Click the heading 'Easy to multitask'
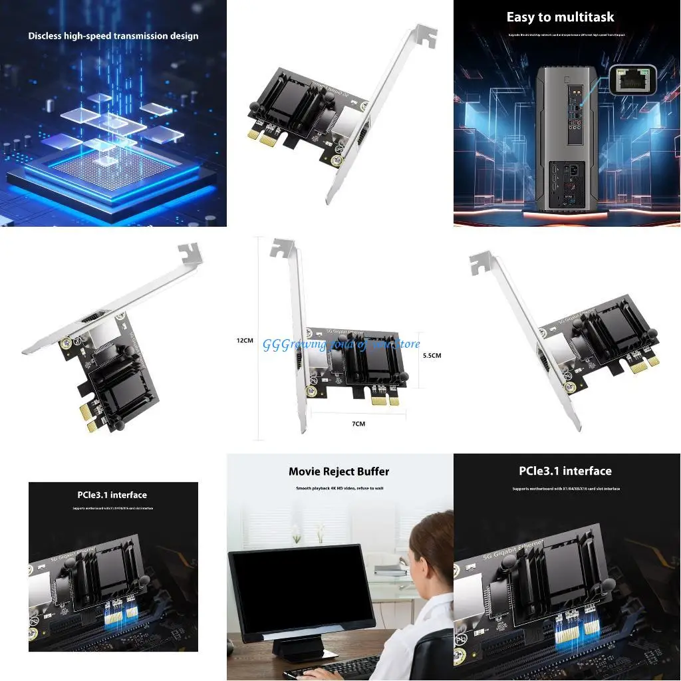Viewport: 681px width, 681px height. pos(560,17)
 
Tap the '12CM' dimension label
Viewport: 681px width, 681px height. pos(245,340)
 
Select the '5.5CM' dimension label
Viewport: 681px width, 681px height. pos(432,355)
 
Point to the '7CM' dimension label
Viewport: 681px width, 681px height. pos(358,423)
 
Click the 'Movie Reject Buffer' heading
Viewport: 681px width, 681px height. pos(339,472)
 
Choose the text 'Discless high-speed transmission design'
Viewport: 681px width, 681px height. pos(113,36)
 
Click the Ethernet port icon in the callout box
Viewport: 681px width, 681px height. pos(632,80)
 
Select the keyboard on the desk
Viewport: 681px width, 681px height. pos(333,668)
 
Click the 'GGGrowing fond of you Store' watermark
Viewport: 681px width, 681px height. pos(341,344)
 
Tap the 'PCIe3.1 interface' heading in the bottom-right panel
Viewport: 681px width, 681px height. pos(565,471)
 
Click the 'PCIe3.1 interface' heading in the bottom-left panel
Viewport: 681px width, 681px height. pos(112,495)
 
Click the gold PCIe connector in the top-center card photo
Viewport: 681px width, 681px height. pos(262,136)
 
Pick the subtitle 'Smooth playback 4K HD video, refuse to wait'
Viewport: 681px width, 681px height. pos(339,488)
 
